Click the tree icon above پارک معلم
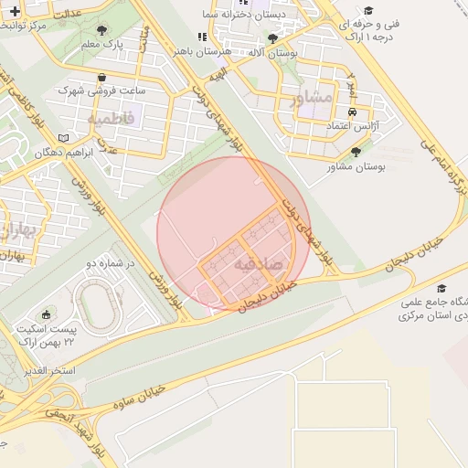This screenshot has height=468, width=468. click(x=101, y=30)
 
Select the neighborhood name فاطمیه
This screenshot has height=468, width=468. click(x=111, y=118)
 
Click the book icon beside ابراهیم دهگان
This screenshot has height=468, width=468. click(x=63, y=138)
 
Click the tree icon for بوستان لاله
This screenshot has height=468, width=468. click(x=272, y=38)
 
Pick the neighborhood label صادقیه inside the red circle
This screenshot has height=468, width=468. click(x=260, y=263)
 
